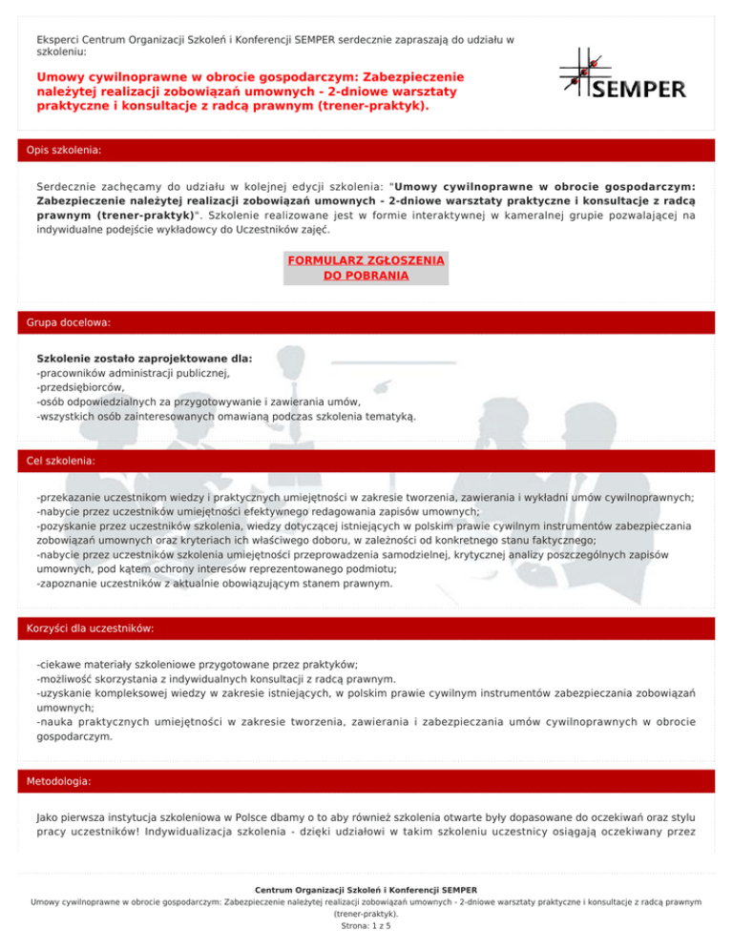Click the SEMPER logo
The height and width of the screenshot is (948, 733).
coord(621,74)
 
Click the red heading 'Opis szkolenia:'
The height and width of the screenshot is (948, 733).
coord(67,150)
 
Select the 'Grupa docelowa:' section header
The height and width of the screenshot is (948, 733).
coord(70,323)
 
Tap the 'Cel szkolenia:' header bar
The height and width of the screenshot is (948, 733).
coord(66,461)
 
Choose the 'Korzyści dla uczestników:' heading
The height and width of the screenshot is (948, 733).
coord(95,629)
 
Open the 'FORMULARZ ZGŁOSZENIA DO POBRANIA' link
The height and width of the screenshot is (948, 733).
coord(366,267)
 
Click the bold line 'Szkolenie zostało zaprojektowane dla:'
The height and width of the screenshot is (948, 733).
coord(144,359)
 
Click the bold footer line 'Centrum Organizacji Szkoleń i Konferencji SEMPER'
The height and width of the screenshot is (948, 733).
coord(366,890)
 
